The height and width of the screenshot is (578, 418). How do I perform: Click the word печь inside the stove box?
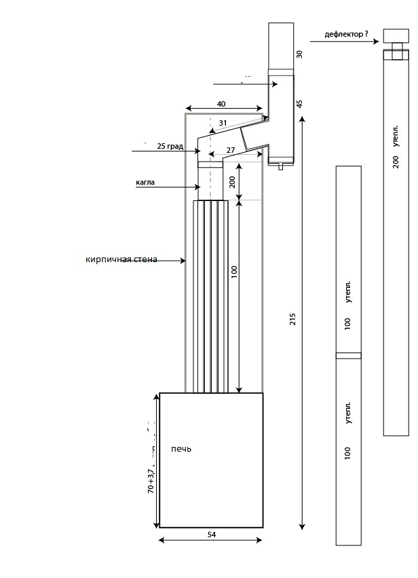point(182,449)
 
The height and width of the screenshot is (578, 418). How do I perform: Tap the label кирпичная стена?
point(121,259)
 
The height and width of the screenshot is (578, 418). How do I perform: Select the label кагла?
point(146,183)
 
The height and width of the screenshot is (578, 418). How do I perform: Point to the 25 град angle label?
point(170,146)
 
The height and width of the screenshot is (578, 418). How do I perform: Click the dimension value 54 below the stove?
point(211,535)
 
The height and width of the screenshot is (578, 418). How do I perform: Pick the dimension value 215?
point(293,319)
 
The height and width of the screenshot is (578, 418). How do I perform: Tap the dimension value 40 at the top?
point(221,104)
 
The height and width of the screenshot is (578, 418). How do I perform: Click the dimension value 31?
point(223,124)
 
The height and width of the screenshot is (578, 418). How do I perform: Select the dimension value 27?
point(231,150)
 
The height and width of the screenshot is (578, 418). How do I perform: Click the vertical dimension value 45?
point(299,104)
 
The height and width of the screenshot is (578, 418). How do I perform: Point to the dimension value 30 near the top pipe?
point(299,54)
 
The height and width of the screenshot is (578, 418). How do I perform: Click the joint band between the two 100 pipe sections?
point(349,355)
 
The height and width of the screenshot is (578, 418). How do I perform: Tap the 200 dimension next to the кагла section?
point(232,182)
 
